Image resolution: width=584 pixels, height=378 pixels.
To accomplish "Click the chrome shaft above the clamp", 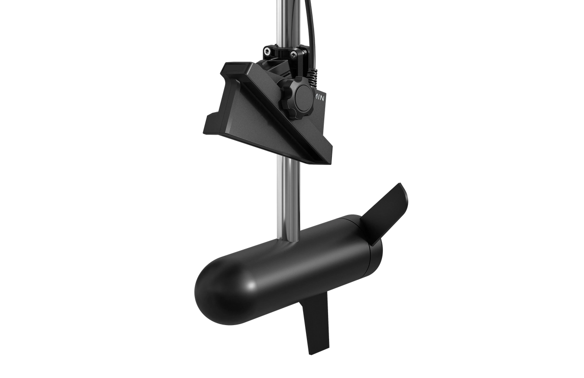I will (282, 19).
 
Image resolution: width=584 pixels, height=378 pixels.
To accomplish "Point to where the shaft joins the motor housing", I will (289, 236).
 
